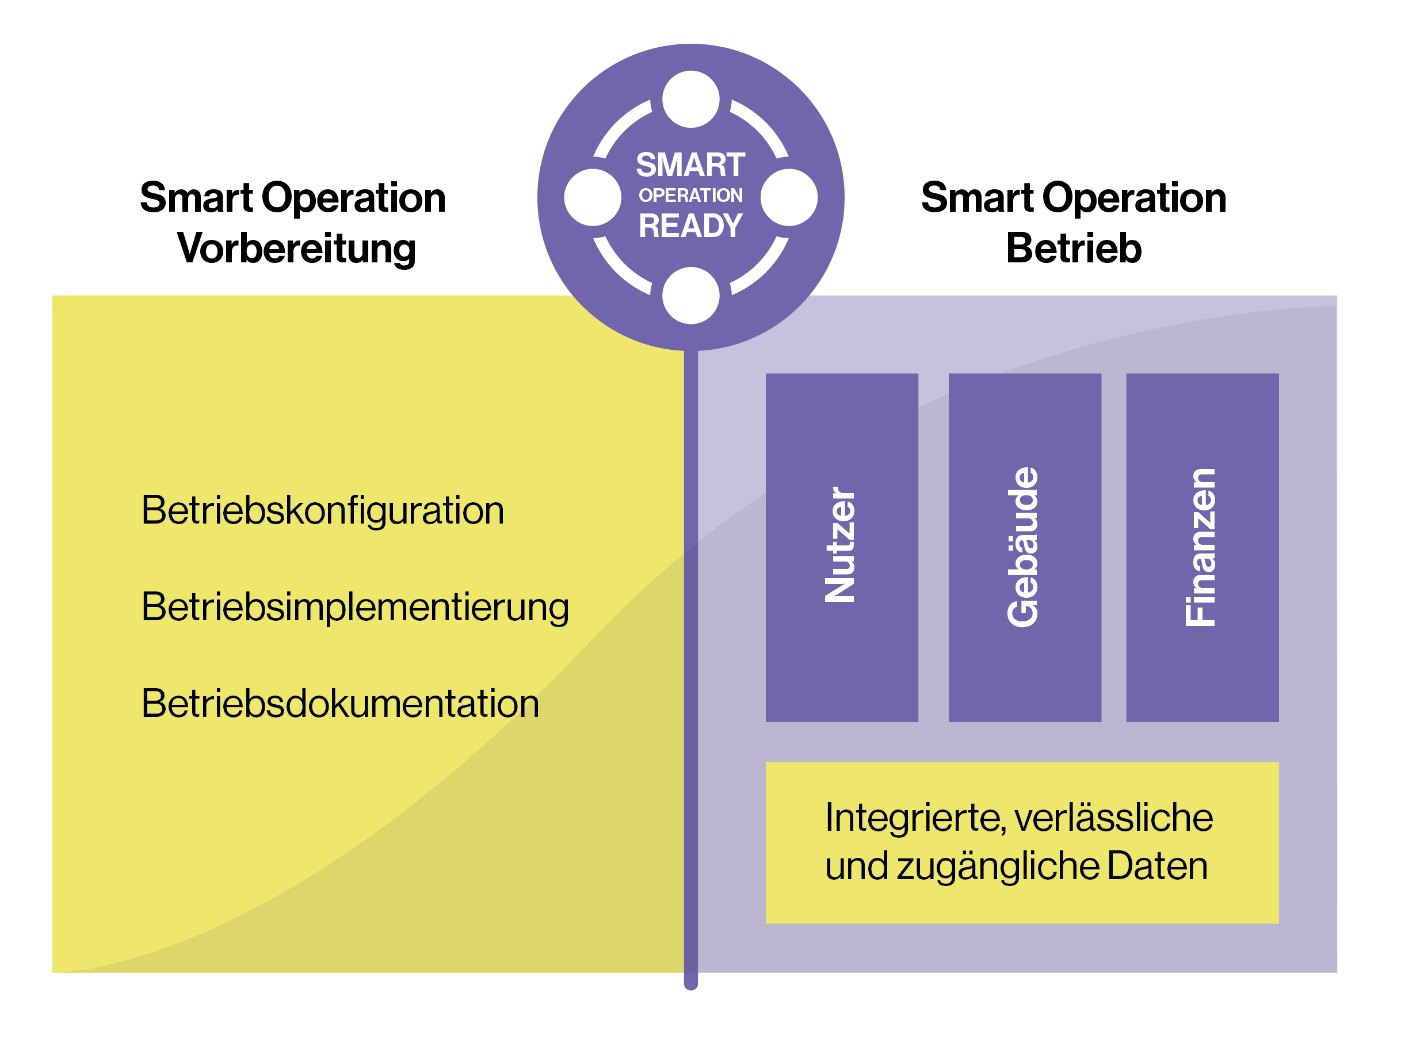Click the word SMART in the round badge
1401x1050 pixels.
click(x=690, y=165)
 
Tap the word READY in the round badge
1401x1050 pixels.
click(x=690, y=226)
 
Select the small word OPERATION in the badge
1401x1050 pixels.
click(x=690, y=196)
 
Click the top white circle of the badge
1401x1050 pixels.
click(x=690, y=100)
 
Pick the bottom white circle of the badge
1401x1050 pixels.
click(x=690, y=296)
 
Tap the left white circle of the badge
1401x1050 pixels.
click(x=593, y=197)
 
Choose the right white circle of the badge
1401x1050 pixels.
click(x=789, y=197)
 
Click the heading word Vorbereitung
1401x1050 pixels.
click(x=296, y=248)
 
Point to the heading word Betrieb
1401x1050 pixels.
click(x=1074, y=248)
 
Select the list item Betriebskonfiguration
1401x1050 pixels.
click(x=322, y=510)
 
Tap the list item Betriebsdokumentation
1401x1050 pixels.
click(x=340, y=704)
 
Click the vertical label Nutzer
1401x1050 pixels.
click(x=841, y=545)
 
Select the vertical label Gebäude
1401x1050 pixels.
click(x=1023, y=547)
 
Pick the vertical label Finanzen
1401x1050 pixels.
click(x=1201, y=547)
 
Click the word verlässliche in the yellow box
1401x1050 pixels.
click(x=1113, y=818)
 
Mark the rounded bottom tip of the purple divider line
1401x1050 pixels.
click(x=691, y=983)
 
